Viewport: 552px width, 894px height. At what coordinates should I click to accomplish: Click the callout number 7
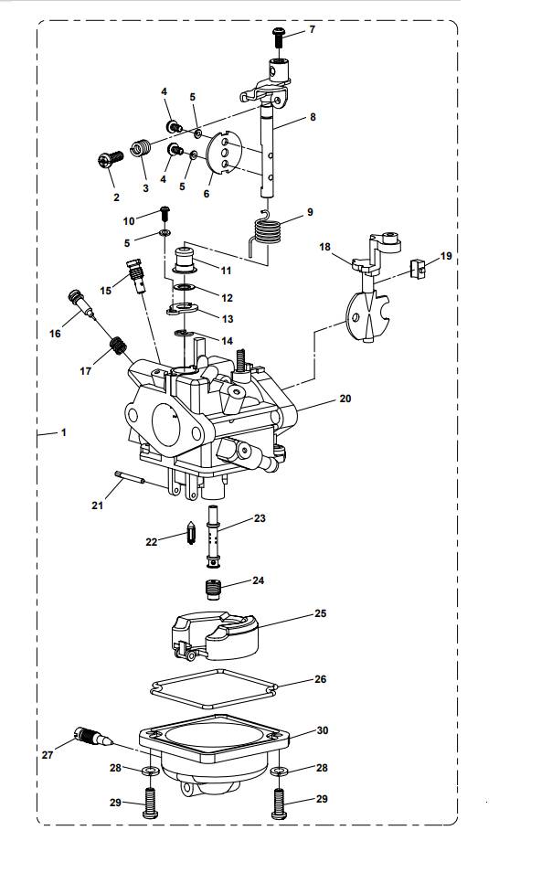click(x=312, y=30)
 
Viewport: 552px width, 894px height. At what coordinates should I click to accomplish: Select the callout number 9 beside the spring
click(x=310, y=212)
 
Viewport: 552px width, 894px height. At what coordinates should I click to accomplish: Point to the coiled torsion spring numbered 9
click(x=268, y=229)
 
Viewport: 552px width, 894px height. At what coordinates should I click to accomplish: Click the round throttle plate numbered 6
click(x=225, y=153)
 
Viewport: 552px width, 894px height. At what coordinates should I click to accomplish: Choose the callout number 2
click(x=116, y=197)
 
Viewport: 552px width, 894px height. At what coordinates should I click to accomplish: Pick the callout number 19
click(x=446, y=257)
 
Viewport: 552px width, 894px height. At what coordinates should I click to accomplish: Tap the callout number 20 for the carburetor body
click(x=345, y=399)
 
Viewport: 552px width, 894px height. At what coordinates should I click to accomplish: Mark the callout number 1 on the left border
click(x=64, y=432)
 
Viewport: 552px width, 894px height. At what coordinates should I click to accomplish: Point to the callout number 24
click(x=259, y=580)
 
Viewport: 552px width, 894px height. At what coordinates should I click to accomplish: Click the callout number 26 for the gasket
click(x=320, y=679)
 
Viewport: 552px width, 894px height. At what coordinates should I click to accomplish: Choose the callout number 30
click(x=322, y=730)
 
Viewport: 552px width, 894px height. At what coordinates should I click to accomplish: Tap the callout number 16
click(x=56, y=334)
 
